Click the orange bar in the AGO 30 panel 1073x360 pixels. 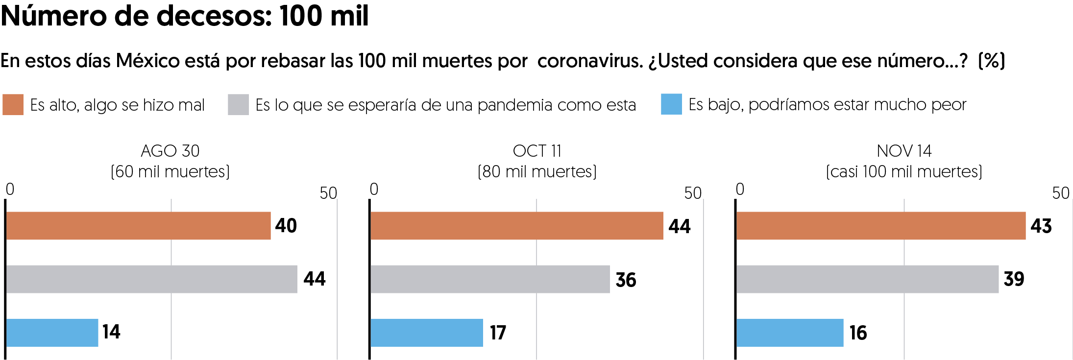138,225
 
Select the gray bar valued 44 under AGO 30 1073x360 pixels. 151,279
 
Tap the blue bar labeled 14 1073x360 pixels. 52,333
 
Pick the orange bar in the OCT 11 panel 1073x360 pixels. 516,225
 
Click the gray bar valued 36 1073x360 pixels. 490,279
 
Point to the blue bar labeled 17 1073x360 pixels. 426,333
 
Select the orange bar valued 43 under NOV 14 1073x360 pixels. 880,225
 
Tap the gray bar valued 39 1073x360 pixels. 867,279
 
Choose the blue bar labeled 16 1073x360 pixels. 789,333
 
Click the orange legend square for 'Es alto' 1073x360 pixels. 13,105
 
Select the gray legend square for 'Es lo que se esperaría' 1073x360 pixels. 238,105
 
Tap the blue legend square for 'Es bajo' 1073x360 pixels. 671,104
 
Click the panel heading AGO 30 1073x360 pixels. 170,151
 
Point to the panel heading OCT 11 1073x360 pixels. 537,151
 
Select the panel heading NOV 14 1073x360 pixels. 904,151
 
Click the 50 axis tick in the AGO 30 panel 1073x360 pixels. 328,193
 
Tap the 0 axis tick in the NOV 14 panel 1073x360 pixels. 740,189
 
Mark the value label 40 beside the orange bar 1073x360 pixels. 286,225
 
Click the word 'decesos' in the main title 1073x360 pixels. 214,16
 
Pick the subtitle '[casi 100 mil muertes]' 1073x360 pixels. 904,172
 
